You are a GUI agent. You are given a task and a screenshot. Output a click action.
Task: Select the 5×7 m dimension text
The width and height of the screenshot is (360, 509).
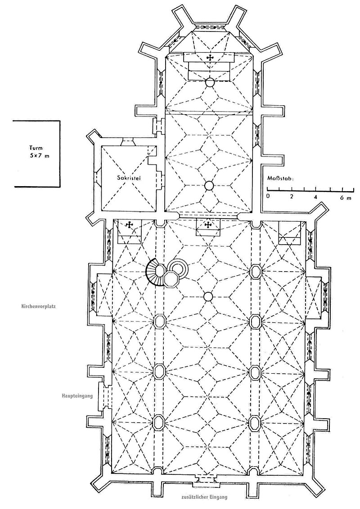pyautogui.click(x=38, y=156)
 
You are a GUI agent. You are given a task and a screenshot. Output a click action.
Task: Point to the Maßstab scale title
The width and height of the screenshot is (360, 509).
pyautogui.click(x=280, y=179)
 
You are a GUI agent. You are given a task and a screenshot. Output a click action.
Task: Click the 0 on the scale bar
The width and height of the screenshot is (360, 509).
pyautogui.click(x=268, y=196)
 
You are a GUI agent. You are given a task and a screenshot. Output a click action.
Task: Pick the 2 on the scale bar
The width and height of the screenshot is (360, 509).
pyautogui.click(x=292, y=196)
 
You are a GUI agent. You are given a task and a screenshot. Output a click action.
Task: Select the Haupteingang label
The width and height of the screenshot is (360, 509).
pyautogui.click(x=77, y=396)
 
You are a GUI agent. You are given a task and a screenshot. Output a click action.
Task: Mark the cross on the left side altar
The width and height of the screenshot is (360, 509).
pyautogui.click(x=129, y=224)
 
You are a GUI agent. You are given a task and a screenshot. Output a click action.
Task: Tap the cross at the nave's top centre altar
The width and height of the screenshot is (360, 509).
pyautogui.click(x=208, y=224)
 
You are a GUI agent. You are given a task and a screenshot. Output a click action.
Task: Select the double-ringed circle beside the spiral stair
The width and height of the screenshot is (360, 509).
pyautogui.click(x=177, y=268)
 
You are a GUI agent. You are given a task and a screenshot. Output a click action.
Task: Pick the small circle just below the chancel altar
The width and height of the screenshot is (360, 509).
pyautogui.click(x=210, y=83)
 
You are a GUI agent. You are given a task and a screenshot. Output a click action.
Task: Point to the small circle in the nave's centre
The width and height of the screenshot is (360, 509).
pyautogui.click(x=208, y=296)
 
